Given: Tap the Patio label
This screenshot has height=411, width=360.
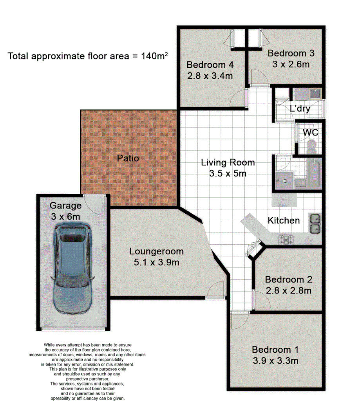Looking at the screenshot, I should click(x=128, y=159).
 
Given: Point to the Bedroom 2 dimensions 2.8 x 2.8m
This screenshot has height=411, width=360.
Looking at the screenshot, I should click(x=288, y=290).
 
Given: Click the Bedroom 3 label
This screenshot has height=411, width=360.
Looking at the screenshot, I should click(x=291, y=53).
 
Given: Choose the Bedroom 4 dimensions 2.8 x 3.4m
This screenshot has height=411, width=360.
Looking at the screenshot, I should click(x=210, y=76).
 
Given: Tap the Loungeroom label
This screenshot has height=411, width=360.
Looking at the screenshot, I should click(x=156, y=252).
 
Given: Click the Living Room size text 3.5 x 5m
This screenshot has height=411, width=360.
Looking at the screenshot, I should click(x=228, y=173).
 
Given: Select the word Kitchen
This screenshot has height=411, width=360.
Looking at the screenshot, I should click(x=284, y=220).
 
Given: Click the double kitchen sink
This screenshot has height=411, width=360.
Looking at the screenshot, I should click(x=315, y=224).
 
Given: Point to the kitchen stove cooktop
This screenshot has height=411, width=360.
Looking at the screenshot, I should click(x=286, y=238).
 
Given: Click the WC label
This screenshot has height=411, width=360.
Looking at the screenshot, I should click(x=310, y=132).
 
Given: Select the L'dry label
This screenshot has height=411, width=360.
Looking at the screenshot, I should click(x=300, y=109).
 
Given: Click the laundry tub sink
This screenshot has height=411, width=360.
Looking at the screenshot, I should click(x=307, y=94).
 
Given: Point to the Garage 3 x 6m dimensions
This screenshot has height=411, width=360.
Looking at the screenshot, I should click(x=65, y=216).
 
